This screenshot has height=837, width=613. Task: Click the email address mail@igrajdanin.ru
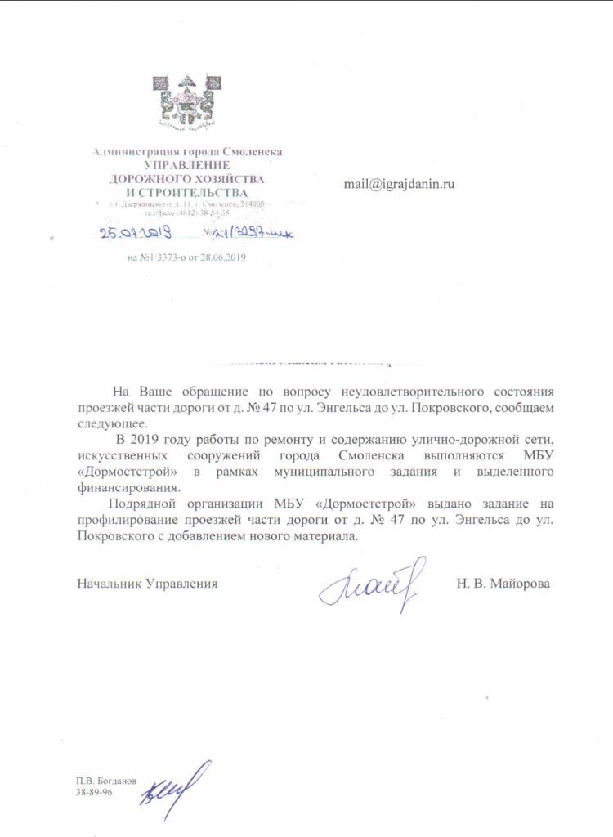(398, 184)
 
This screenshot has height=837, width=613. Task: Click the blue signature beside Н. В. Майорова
(372, 584)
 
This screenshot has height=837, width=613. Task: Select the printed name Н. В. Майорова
(503, 584)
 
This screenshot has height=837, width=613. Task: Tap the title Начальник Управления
(148, 584)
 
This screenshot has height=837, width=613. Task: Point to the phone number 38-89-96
(94, 792)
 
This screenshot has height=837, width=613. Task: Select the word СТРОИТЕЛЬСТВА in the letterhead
(200, 190)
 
